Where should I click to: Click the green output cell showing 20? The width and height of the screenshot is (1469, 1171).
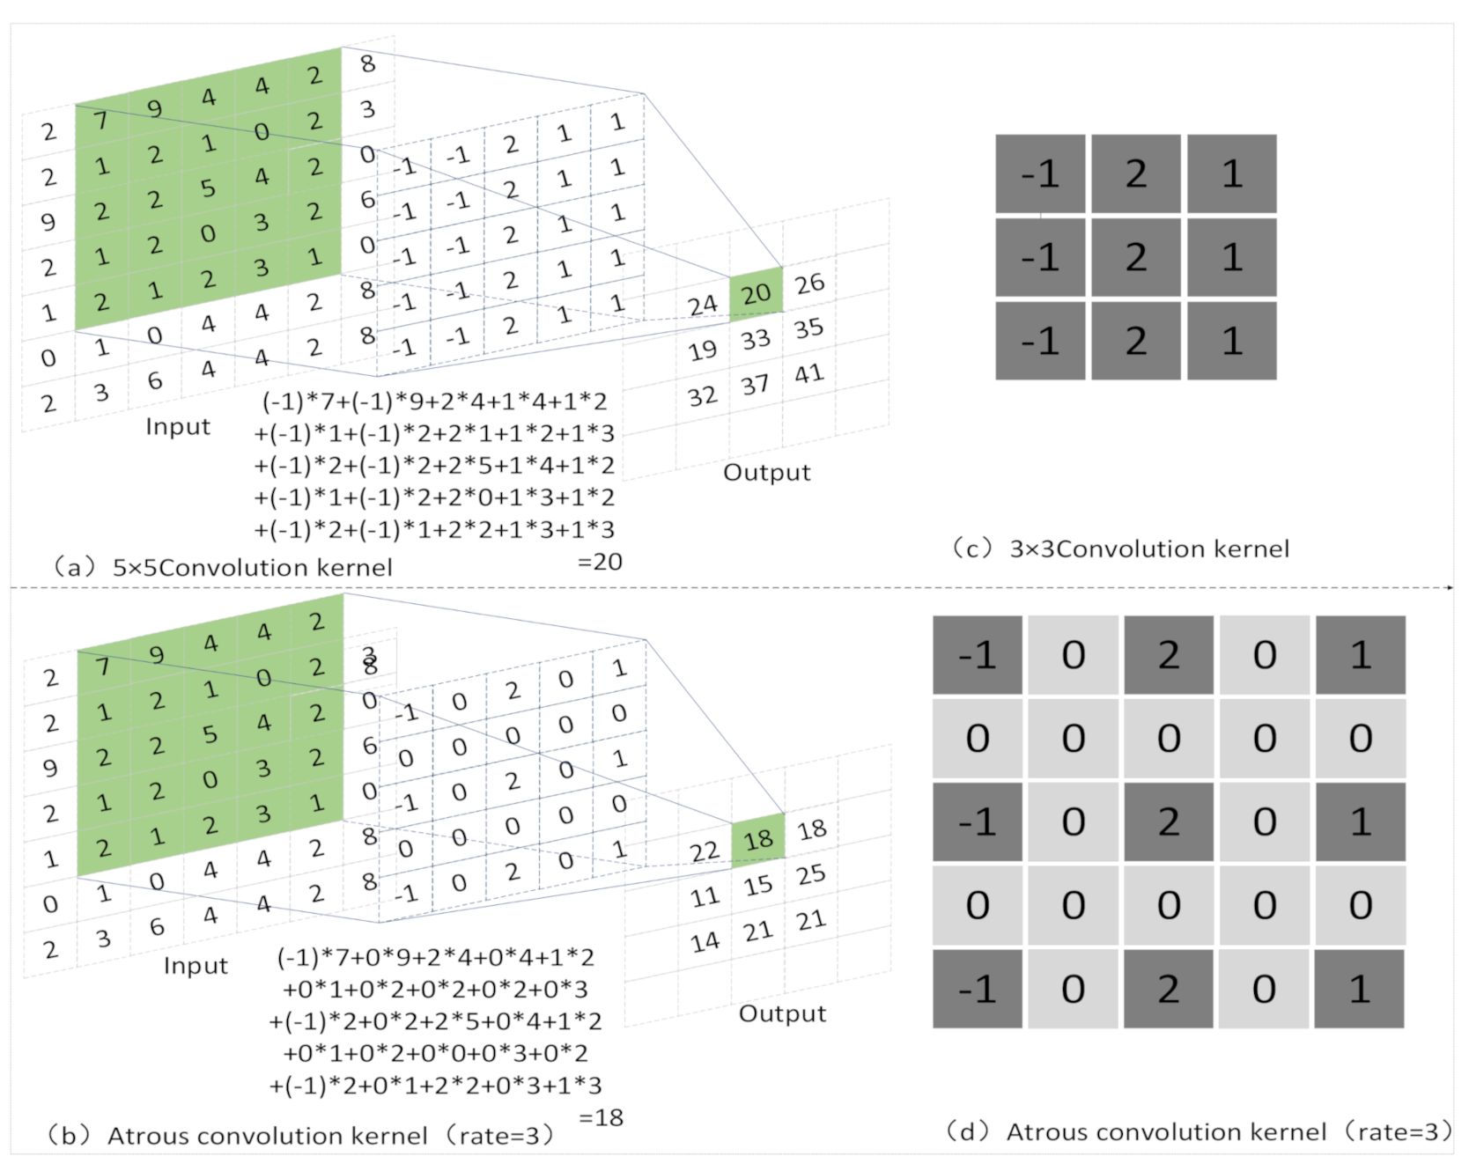coord(757,294)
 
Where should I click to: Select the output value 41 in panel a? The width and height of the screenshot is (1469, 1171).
coord(809,374)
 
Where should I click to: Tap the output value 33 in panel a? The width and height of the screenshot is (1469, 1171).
coord(756,339)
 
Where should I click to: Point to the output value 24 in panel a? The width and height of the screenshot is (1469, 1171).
coord(703,306)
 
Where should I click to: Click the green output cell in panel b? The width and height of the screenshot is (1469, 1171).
coord(758,840)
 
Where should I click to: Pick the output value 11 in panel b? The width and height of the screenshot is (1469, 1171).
coord(705,897)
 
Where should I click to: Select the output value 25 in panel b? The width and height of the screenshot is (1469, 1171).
coord(811,874)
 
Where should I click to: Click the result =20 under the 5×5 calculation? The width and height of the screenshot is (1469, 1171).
coord(600,562)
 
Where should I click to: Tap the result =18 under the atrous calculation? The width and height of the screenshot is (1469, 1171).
coord(602,1118)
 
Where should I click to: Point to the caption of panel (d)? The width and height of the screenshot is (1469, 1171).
coord(1198,1132)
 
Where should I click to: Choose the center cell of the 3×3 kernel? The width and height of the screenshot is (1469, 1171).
coord(1136,257)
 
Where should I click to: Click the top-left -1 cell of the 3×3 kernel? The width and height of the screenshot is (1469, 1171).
coord(1040,173)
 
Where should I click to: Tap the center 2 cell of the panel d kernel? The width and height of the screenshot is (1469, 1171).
coord(1169,821)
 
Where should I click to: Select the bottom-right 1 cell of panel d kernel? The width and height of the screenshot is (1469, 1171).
coord(1360,989)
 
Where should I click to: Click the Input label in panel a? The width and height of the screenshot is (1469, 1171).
coord(178,427)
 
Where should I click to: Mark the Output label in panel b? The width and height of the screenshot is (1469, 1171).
coord(782,1013)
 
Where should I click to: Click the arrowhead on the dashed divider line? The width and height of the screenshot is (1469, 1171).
coord(1449,587)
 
